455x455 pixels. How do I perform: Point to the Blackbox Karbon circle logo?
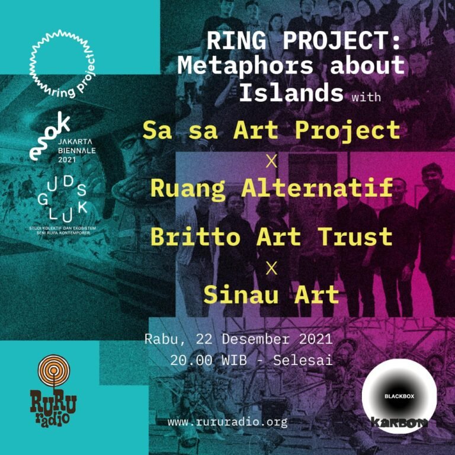click(399, 396)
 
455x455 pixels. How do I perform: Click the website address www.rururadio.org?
click(227, 422)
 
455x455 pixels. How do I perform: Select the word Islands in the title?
click(291, 92)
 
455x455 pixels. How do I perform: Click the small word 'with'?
click(366, 97)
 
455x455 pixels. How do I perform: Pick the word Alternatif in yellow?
click(317, 188)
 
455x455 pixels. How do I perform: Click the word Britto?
click(196, 236)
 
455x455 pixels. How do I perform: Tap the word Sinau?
click(241, 294)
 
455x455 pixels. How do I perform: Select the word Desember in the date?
click(256, 339)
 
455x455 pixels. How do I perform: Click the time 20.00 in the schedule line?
click(191, 360)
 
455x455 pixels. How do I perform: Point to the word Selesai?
click(303, 360)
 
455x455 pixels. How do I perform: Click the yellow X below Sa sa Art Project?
click(271, 161)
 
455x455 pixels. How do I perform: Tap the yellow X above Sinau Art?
click(271, 269)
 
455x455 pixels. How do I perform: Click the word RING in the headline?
click(236, 41)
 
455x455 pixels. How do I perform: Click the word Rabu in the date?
click(161, 339)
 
